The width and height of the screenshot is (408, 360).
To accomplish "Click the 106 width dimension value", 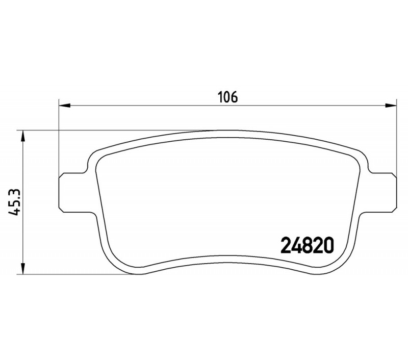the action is tap(228, 97).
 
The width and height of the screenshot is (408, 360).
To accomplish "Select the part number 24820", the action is tap(307, 245).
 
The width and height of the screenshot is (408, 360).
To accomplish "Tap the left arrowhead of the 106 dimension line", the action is tap(65, 106).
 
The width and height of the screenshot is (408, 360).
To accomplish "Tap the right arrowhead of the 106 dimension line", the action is tap(391, 106).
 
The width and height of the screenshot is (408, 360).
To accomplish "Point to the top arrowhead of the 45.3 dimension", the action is tap(23, 136).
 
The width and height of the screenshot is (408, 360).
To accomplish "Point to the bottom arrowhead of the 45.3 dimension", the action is tap(23, 269).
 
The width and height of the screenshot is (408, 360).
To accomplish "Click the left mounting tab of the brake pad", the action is tap(74, 192).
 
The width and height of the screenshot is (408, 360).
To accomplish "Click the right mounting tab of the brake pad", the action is tap(381, 192).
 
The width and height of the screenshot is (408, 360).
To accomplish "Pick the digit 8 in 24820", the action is tap(308, 245).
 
